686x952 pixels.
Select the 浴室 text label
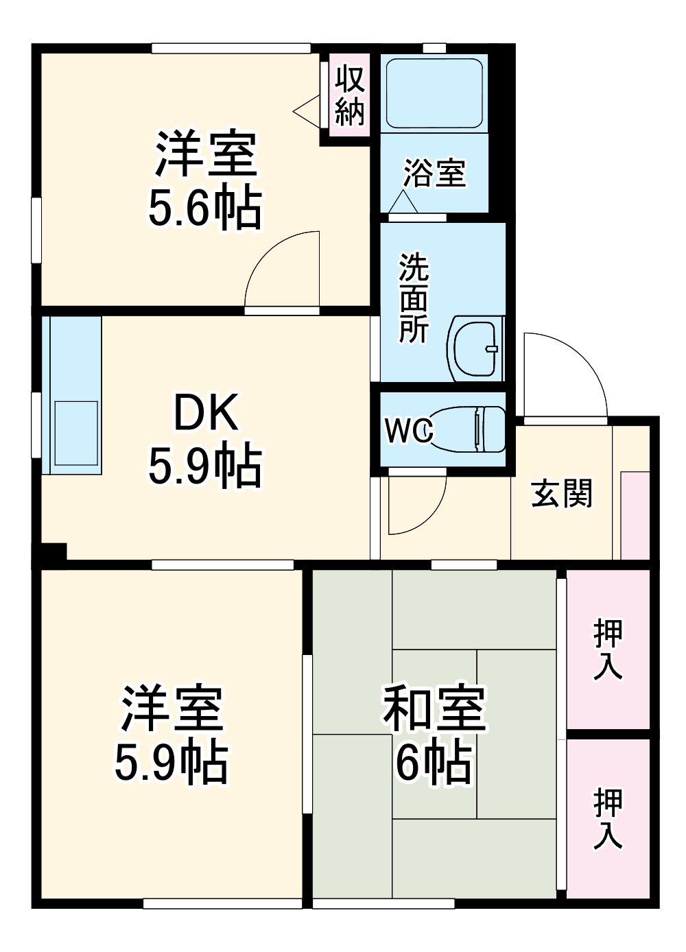pyautogui.click(x=434, y=173)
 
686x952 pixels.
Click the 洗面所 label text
pyautogui.click(x=414, y=298)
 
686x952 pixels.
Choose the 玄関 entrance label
pyautogui.click(x=561, y=493)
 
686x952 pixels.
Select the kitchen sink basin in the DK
pyautogui.click(x=75, y=432)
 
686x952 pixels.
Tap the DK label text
pyautogui.click(x=206, y=412)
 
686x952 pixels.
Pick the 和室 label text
pyautogui.click(x=434, y=709)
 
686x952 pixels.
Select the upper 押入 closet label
pyautogui.click(x=608, y=648)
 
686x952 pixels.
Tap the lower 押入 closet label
pyautogui.click(x=608, y=818)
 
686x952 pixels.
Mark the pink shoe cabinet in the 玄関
pyautogui.click(x=635, y=514)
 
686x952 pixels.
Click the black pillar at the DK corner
pyautogui.click(x=54, y=551)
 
